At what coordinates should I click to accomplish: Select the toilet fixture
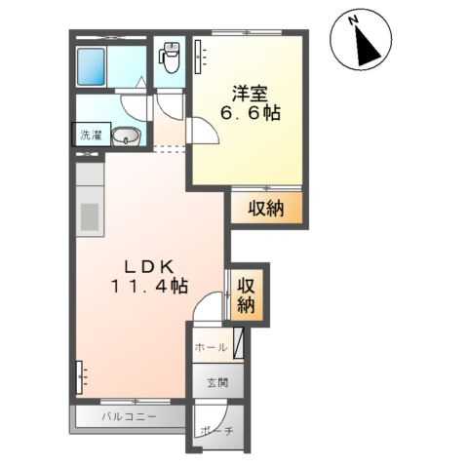pos(170,58)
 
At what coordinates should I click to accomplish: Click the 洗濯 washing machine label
pos(90,136)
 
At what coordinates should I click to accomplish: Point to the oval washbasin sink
pos(125,137)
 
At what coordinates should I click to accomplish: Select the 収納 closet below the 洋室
pos(265,207)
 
